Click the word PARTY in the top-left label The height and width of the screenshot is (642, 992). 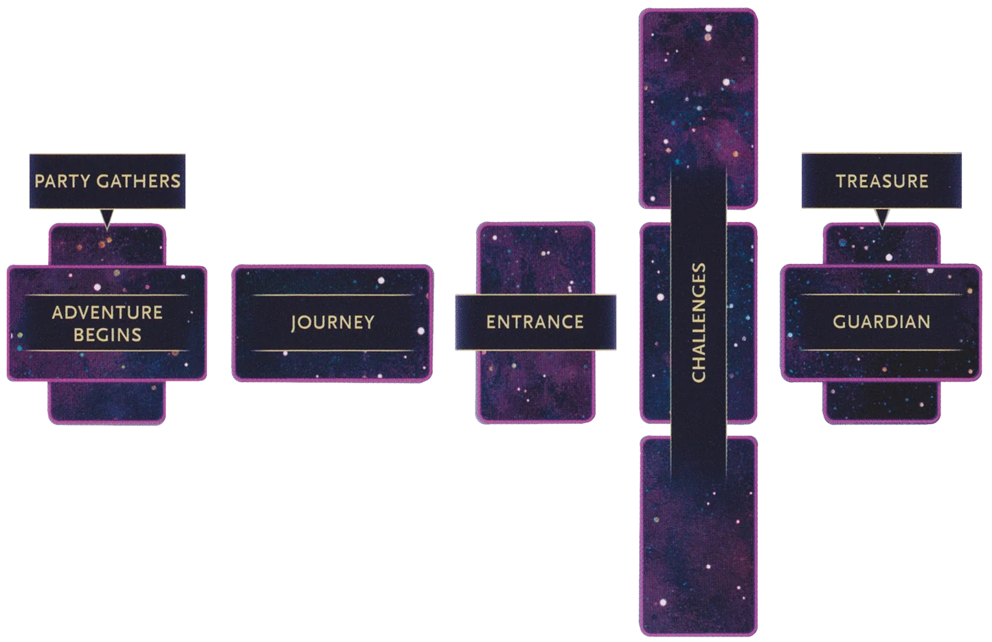63,181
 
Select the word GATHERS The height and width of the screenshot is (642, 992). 139,181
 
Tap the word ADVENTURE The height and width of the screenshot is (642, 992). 107,313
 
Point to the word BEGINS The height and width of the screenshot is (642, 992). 107,335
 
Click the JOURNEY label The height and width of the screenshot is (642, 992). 332,322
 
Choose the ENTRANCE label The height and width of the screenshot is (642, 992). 535,322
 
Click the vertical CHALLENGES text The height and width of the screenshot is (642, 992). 699,322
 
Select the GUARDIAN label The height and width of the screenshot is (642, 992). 881,322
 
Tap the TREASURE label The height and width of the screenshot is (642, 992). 881,181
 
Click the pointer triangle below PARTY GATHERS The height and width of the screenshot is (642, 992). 107,218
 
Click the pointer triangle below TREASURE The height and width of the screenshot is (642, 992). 882,218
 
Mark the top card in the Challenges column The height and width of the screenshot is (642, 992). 699,108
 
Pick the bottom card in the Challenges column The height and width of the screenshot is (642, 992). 699,536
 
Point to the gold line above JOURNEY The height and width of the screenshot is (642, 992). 332,295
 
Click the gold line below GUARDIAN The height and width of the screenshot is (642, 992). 881,350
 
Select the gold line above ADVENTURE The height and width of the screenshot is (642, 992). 107,295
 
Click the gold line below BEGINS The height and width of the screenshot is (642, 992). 107,351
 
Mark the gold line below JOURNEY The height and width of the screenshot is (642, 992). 332,351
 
